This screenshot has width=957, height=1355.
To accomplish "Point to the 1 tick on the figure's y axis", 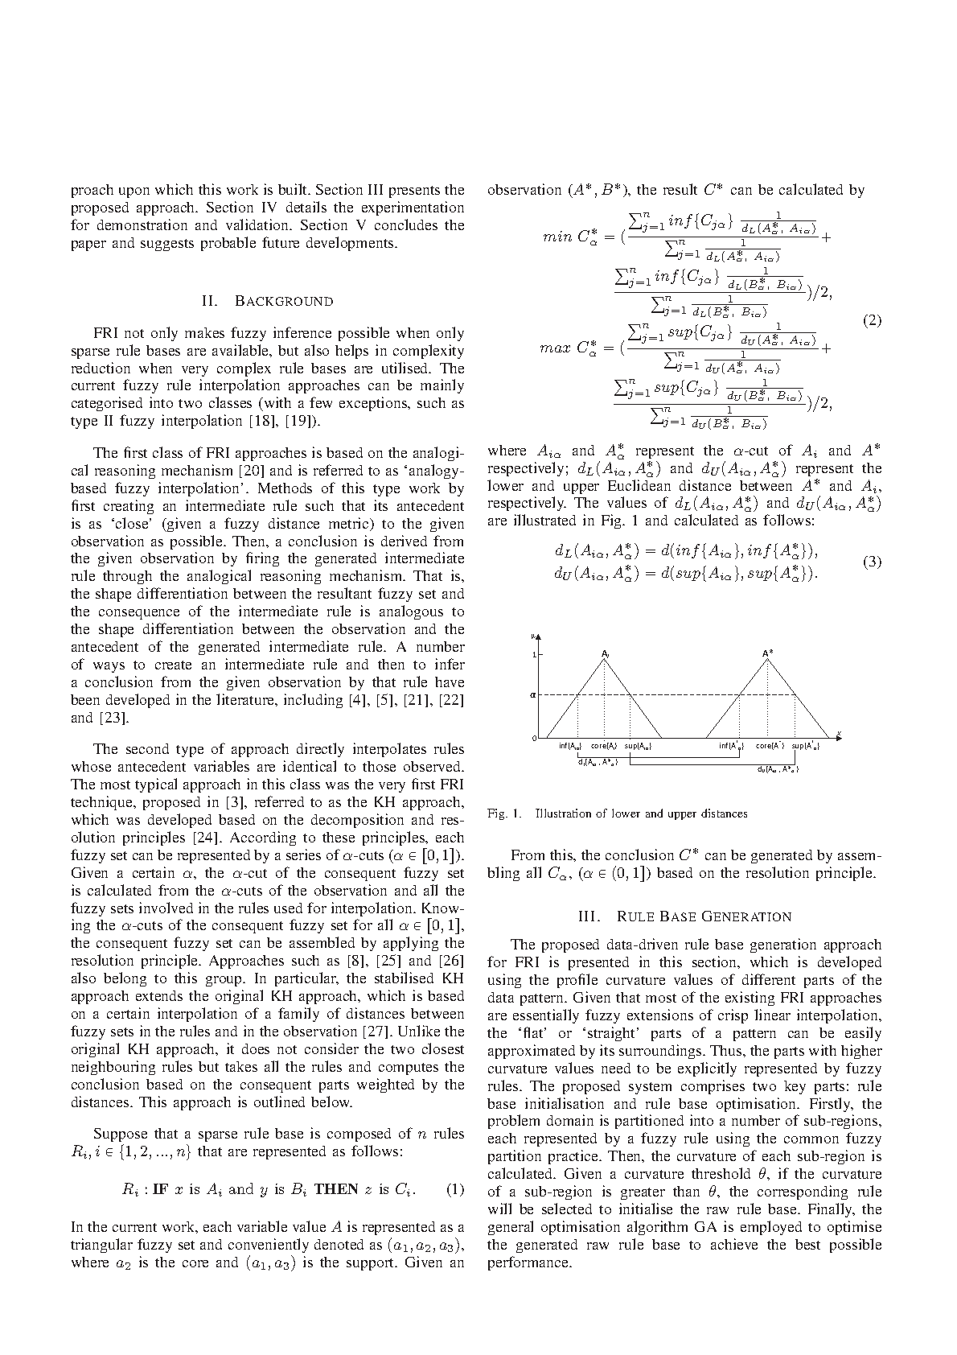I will click(x=534, y=655).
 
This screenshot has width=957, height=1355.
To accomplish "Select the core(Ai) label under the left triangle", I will click(x=604, y=746).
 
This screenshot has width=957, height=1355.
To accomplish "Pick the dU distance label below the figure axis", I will click(x=778, y=769).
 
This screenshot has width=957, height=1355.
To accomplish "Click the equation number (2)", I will click(x=872, y=320).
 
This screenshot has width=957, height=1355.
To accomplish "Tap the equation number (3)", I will click(x=872, y=562).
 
